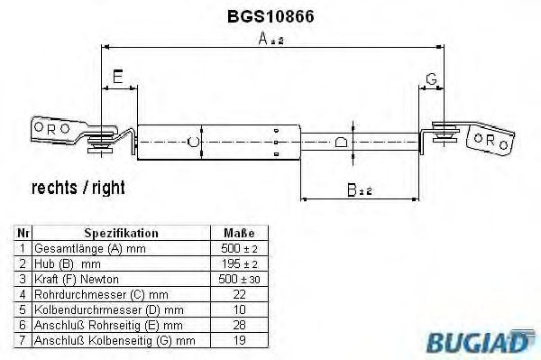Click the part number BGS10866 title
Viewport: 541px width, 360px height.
click(270, 16)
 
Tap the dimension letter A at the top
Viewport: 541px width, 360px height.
click(263, 38)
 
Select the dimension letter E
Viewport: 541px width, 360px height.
click(117, 77)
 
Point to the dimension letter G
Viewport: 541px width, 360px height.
click(431, 79)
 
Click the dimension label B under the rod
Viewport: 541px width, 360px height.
click(352, 189)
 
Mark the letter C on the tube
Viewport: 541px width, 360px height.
click(193, 142)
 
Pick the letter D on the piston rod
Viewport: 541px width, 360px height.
click(341, 142)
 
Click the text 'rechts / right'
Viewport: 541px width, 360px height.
click(78, 188)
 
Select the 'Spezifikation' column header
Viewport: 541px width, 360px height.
click(121, 233)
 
